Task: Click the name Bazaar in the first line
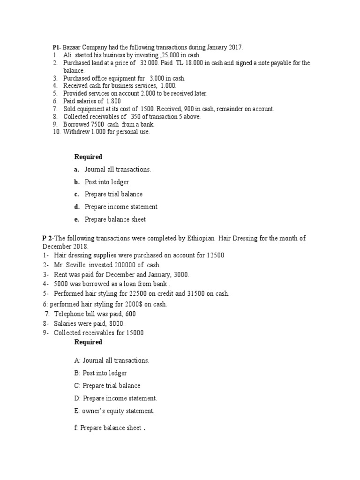(x=71, y=47)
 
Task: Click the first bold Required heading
(x=88, y=157)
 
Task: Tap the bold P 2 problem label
(x=47, y=238)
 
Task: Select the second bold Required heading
(x=88, y=342)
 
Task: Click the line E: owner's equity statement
(x=114, y=411)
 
